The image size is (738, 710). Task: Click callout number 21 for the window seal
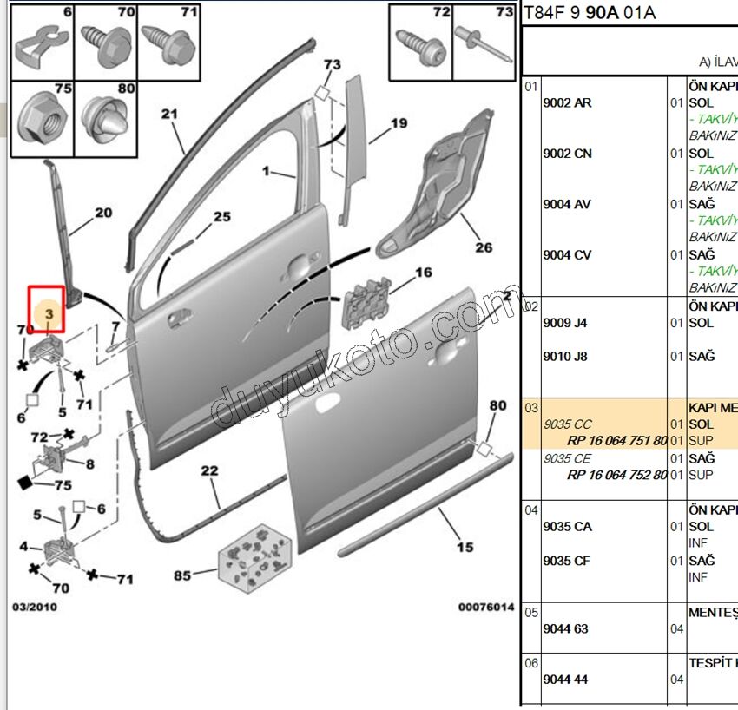click(x=168, y=115)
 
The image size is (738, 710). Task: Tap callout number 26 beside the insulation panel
click(x=484, y=247)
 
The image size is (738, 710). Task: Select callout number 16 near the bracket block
click(x=423, y=273)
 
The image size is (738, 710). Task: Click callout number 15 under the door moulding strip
click(x=465, y=547)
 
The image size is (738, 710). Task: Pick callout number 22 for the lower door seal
click(x=209, y=471)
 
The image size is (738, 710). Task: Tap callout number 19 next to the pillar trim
click(x=399, y=123)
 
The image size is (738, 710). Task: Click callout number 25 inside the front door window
click(x=222, y=217)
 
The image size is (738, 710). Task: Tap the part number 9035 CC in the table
click(x=567, y=424)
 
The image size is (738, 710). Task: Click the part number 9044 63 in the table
click(x=565, y=628)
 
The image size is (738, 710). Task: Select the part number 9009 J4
click(x=565, y=323)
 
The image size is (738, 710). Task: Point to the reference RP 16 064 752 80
click(x=616, y=475)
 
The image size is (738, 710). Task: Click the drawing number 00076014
click(x=486, y=608)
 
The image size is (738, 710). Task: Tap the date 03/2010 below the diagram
click(x=35, y=608)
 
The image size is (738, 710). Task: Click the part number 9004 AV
click(x=567, y=204)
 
